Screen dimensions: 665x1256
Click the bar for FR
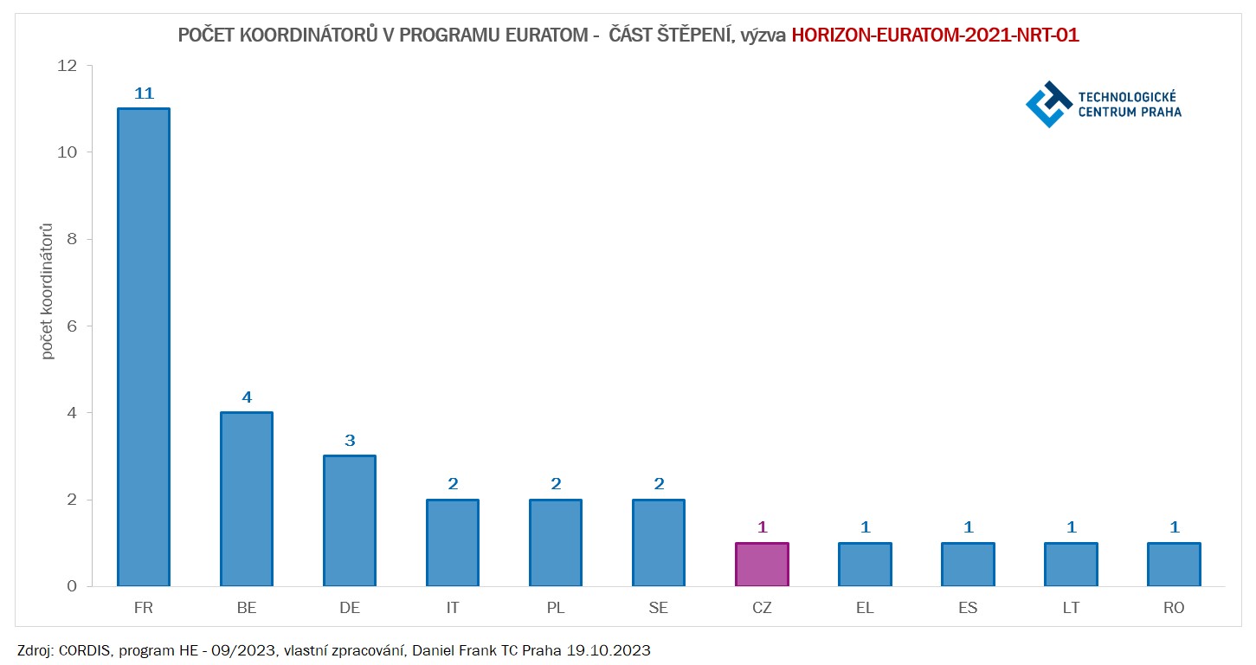click(144, 346)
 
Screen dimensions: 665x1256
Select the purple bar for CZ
click(762, 565)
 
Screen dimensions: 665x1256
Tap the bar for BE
click(247, 499)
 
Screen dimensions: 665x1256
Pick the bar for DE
click(350, 520)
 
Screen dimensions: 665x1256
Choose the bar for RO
click(1174, 565)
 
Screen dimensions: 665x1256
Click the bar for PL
click(556, 543)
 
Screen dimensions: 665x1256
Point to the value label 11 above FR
click(144, 94)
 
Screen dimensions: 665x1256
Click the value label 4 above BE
click(247, 397)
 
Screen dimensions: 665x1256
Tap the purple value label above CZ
click(762, 527)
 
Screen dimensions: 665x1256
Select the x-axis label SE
click(659, 608)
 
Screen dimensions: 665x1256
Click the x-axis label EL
click(865, 608)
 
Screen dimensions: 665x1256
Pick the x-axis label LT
click(1071, 608)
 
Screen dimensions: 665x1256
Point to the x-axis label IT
click(453, 608)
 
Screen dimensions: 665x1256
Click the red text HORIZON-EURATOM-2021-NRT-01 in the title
click(935, 36)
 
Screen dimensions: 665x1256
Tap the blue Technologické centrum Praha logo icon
click(1048, 104)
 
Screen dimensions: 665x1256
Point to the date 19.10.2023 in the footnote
click(616, 650)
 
